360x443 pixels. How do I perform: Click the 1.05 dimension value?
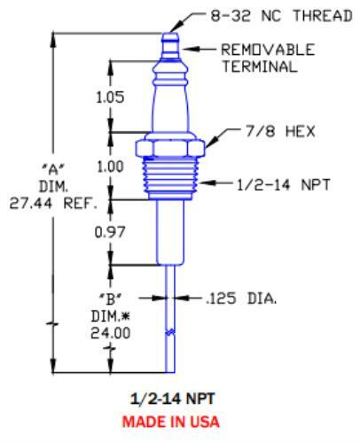pos(109,98)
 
